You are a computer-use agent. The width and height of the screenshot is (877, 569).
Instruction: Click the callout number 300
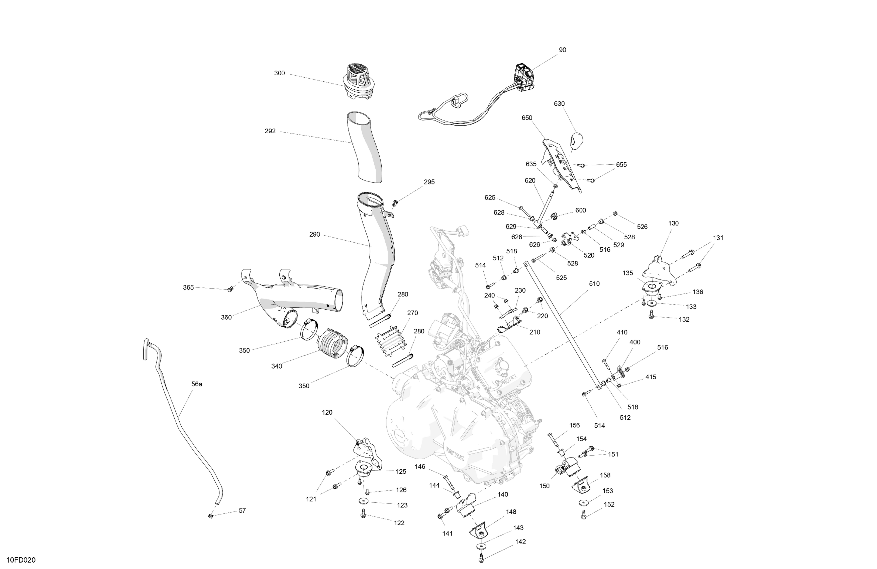click(279, 73)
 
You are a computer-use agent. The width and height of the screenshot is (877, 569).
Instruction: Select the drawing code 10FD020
click(21, 560)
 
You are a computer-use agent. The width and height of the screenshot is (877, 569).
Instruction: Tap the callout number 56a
click(197, 384)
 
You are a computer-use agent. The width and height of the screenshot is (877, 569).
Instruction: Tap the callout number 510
click(594, 284)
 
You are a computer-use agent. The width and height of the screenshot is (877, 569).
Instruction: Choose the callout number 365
click(188, 288)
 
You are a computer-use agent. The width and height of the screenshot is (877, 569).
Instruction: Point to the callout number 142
click(520, 542)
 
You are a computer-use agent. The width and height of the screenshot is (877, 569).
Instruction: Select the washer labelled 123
click(364, 501)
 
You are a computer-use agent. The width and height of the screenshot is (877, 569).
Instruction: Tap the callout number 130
click(673, 224)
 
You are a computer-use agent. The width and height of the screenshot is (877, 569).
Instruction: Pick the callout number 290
click(315, 235)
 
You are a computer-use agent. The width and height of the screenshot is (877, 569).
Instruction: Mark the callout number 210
click(535, 332)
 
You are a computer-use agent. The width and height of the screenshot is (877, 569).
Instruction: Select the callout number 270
click(412, 313)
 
